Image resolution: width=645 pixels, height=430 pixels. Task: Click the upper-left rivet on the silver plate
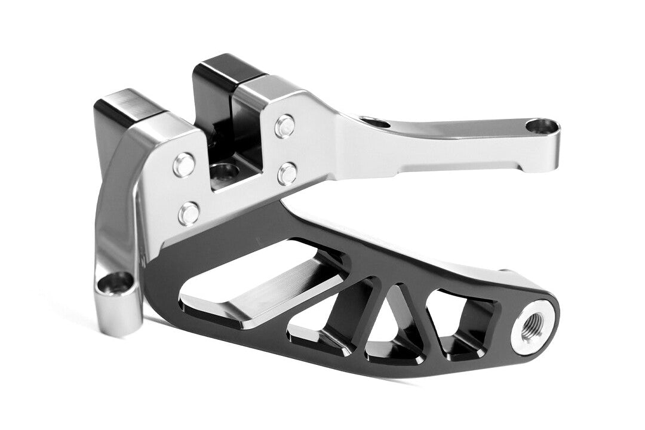click(183, 165)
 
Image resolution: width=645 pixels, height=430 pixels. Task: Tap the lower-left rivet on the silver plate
click(189, 213)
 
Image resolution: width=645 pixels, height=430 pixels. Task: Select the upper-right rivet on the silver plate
click(285, 126)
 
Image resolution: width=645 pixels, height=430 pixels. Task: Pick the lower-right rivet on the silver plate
click(287, 173)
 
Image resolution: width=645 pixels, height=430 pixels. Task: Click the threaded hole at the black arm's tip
click(529, 325)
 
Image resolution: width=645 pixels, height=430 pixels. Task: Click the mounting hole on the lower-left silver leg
click(116, 282)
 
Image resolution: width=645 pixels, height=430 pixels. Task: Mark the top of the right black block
click(227, 66)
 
